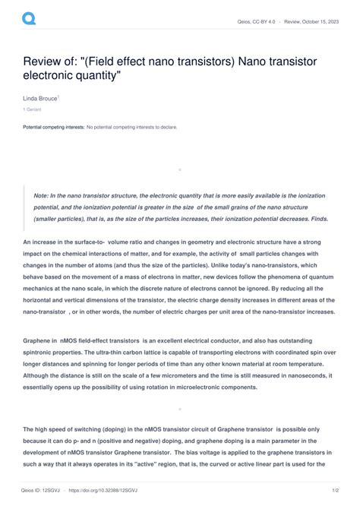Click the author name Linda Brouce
click(39, 100)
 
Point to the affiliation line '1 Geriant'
click(33, 110)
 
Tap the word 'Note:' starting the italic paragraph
click(42, 195)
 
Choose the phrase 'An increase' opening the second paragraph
click(43, 242)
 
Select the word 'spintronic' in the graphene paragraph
click(42, 353)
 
